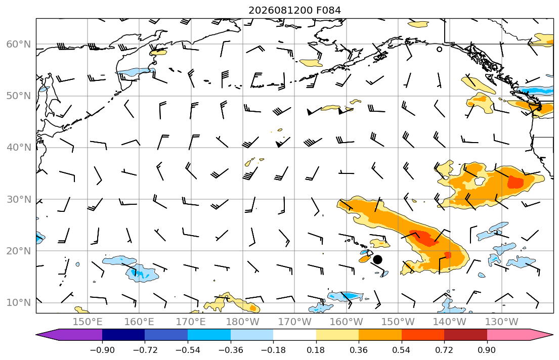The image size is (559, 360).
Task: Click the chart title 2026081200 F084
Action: pos(294,10)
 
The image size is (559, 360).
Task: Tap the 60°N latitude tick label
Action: pos(19,44)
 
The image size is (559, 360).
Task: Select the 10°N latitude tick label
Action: pos(19,303)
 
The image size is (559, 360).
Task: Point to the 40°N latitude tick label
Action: pos(19,148)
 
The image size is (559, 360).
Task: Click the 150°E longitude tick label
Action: pos(88,322)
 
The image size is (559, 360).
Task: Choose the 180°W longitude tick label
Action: pos(243,322)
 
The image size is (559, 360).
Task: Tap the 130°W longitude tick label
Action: pos(502,322)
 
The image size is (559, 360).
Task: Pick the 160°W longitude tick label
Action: pos(346,322)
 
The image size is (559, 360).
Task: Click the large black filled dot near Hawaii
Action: pos(377,260)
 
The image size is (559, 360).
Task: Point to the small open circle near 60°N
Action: pos(439,49)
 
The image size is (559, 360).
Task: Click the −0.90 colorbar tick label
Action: pos(102,350)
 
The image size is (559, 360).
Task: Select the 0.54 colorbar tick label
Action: pos(402,350)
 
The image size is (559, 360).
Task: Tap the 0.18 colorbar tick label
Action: pos(316,350)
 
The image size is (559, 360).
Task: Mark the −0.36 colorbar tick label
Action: pos(231,350)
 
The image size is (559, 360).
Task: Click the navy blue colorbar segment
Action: pos(124,335)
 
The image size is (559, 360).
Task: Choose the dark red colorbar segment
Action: pos(465,335)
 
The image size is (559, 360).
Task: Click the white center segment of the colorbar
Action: pos(294,335)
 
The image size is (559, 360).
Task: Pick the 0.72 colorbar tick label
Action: pos(444,350)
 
